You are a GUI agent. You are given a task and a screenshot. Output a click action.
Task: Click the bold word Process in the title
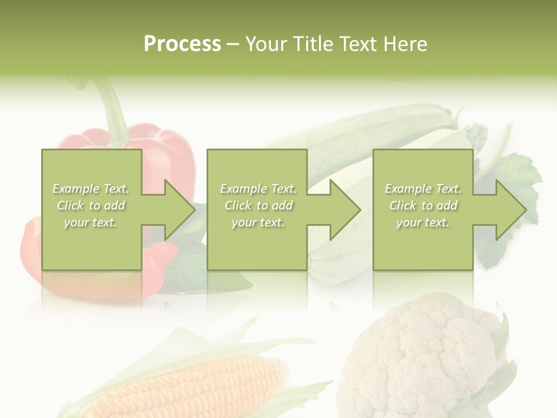coord(182,44)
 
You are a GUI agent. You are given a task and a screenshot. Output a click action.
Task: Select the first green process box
coord(92,244)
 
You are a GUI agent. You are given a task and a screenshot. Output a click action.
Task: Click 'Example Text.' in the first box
coord(91,189)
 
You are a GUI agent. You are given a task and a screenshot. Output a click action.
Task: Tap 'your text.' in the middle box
coord(258,222)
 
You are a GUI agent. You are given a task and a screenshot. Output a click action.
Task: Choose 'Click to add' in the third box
coord(424,206)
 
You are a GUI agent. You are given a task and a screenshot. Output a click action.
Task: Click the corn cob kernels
coord(191,386)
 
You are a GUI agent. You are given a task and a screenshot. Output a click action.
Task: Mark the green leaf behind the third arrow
coord(516,174)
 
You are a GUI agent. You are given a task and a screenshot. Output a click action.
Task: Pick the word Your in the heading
coord(265,44)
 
